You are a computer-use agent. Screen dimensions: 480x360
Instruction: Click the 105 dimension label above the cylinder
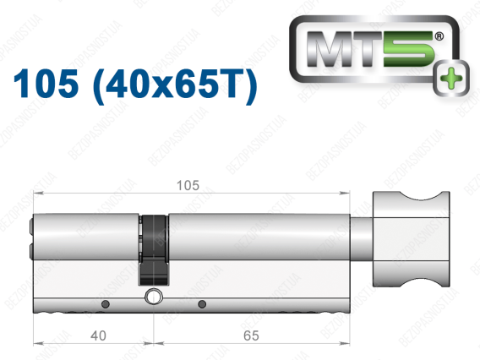pos(188,186)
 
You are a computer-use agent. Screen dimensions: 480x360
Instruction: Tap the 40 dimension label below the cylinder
pos(98,335)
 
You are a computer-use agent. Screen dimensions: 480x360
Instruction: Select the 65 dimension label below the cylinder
pos(251,335)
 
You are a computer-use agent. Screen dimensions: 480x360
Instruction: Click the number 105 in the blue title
pos(46,84)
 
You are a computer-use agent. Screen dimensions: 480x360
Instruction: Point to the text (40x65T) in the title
pos(175,85)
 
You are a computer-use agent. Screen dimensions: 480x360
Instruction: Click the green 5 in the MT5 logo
pos(409,49)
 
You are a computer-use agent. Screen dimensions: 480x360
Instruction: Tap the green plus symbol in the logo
pos(451,79)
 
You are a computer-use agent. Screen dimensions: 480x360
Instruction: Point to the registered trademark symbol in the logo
pos(439,36)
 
